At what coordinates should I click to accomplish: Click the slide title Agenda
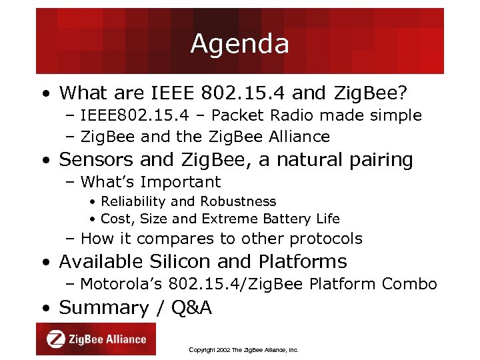click(x=239, y=44)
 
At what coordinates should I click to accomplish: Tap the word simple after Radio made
click(x=397, y=115)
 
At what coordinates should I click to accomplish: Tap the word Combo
click(x=409, y=284)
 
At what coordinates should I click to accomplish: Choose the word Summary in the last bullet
click(x=103, y=307)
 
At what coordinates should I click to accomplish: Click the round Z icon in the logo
click(x=56, y=339)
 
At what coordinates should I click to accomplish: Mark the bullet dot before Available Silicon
click(x=45, y=262)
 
